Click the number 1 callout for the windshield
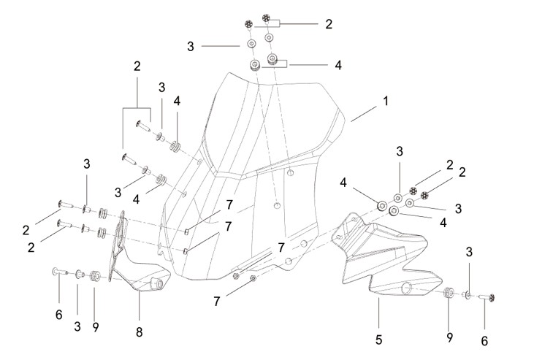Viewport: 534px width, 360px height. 386,102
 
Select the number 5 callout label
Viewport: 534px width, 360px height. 378,340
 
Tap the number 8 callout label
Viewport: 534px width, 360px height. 139,332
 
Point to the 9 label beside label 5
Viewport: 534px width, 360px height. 449,337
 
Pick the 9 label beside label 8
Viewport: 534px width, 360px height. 96,327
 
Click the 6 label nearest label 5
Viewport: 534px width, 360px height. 484,340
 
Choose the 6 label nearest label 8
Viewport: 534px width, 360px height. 59,315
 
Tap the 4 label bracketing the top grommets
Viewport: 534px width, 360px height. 337,65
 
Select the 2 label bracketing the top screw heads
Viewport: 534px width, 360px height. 329,24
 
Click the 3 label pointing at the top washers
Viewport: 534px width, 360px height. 191,46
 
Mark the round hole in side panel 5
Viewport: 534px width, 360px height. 407,289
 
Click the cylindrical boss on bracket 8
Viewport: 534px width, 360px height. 156,283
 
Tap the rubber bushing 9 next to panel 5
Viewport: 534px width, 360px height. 449,293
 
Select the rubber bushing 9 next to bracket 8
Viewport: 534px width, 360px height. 94,275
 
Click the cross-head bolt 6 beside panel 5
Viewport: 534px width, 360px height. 487,297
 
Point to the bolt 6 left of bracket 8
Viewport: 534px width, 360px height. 60,272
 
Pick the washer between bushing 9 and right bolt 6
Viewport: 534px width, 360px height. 468,294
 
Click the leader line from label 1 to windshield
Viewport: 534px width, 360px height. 364,114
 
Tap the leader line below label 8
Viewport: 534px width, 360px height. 139,308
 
